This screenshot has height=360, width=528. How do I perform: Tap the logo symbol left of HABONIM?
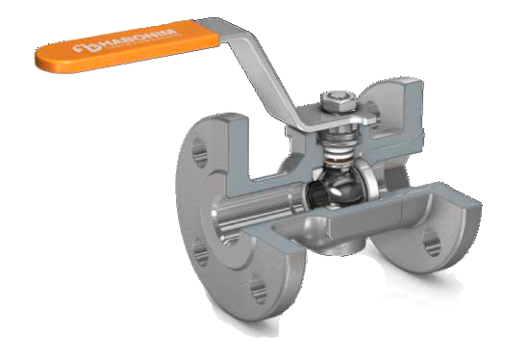87,47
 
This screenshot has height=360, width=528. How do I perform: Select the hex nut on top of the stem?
339,100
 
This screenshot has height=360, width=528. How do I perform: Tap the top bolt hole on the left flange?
199,153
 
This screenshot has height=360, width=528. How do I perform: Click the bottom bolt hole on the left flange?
258,289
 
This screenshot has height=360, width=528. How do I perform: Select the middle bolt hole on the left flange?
201,252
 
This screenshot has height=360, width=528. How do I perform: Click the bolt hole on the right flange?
432,242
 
